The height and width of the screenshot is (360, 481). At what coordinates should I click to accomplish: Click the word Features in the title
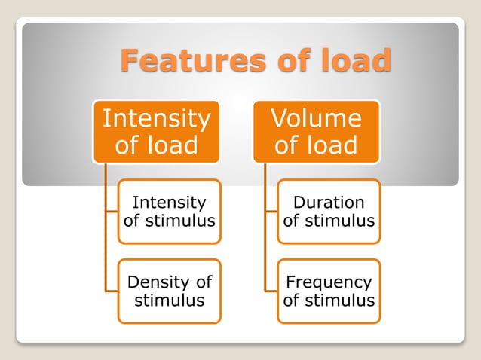click(183, 59)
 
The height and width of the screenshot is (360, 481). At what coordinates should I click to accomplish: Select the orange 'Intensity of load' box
click(156, 131)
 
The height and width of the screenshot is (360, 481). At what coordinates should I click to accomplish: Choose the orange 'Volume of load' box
click(316, 131)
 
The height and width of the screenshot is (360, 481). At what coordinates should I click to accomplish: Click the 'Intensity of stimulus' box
click(169, 212)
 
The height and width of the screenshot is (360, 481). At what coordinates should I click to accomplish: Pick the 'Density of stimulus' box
click(169, 291)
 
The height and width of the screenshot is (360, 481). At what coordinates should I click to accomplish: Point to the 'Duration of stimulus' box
click(329, 212)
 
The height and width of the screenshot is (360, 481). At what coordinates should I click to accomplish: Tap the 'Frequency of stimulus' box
click(329, 291)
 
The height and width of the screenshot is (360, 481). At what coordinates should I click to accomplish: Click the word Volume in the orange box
click(316, 118)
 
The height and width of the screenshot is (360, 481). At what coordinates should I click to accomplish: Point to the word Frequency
click(329, 282)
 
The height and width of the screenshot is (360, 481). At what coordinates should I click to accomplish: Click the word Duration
click(329, 203)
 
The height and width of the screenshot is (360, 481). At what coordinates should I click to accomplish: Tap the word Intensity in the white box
click(169, 203)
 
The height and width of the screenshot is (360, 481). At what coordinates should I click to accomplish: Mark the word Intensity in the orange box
click(156, 118)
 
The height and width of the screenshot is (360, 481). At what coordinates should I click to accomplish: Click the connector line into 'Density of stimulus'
click(111, 291)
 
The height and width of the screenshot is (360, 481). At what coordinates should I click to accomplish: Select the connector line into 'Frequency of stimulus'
click(271, 291)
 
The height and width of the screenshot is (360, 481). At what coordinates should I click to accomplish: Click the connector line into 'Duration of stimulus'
click(271, 212)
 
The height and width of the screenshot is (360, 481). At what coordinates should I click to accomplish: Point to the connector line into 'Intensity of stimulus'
click(111, 212)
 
